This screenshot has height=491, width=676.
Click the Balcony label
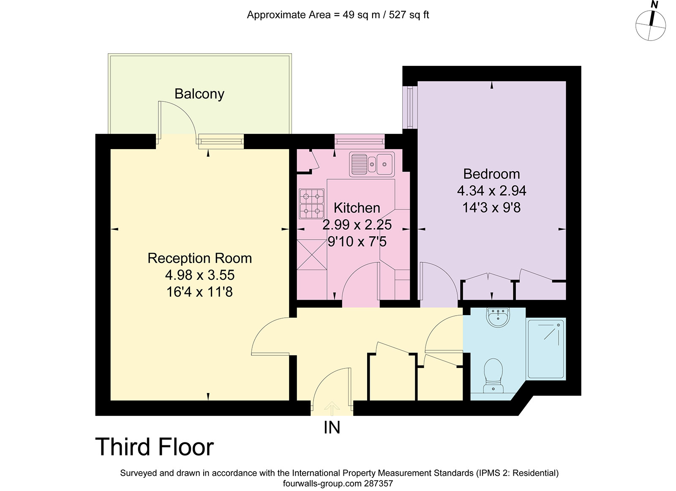[x=199, y=94]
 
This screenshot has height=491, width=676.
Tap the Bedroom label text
[x=492, y=174]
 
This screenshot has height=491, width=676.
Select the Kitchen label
[x=357, y=208]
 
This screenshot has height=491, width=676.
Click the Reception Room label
[x=199, y=258]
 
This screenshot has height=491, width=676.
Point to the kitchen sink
[x=372, y=164]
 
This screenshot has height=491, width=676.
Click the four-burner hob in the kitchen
[x=312, y=204]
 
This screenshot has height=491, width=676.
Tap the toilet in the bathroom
[x=493, y=376]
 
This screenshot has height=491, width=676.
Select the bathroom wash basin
[x=498, y=317]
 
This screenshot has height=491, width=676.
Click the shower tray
[x=545, y=349]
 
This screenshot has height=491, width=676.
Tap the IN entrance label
[x=332, y=428]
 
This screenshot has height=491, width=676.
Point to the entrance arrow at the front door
[x=332, y=409]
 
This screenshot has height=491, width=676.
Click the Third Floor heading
[x=155, y=447]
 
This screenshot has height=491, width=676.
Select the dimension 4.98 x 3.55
[x=199, y=275]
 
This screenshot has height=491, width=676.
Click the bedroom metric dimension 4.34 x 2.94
[x=492, y=191]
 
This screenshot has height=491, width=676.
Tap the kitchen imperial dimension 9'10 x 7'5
[x=357, y=242]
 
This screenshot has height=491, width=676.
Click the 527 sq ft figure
[x=409, y=15]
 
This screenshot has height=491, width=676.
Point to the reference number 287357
[x=379, y=483]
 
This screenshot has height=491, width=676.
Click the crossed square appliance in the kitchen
[x=312, y=254]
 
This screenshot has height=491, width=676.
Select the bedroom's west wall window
[x=410, y=107]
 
